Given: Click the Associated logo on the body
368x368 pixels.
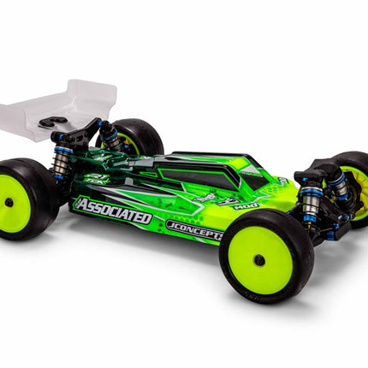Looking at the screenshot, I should [113, 211].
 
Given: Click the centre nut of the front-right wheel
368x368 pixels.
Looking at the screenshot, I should [261, 258].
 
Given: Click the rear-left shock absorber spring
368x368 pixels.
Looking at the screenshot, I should [61, 163].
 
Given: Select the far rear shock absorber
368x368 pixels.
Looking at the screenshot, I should [109, 134].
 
